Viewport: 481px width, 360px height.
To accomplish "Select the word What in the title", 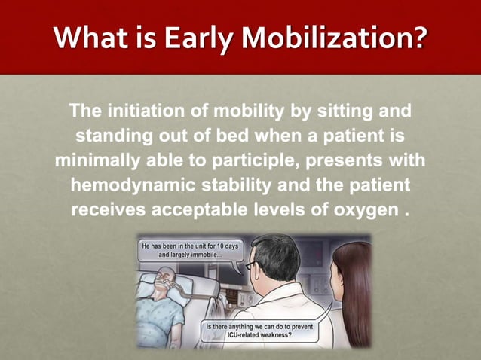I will (89, 36).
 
